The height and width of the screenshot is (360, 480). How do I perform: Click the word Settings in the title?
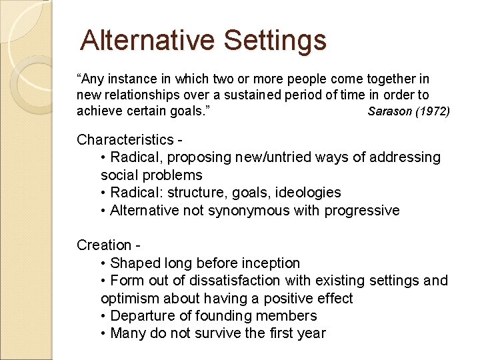point(275,40)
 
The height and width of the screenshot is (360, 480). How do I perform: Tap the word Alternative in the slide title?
point(149,40)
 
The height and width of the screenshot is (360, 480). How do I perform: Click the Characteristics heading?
point(125,139)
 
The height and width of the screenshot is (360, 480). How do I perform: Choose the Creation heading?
point(103,245)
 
